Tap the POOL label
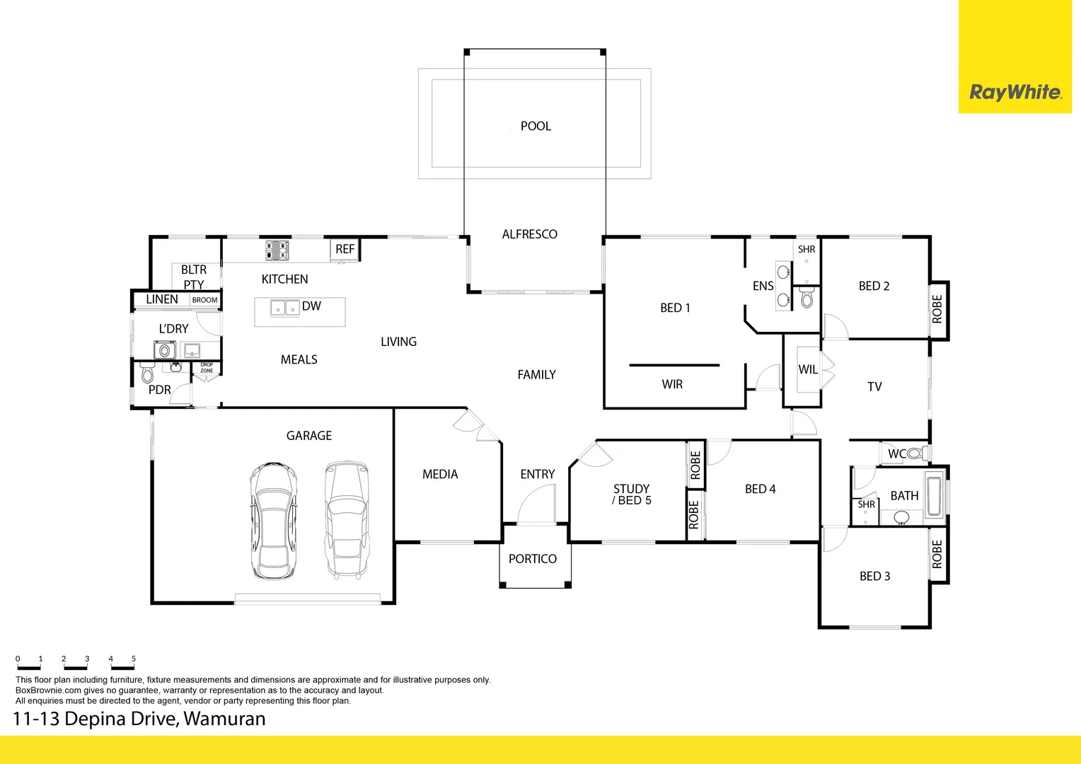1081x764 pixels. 536,126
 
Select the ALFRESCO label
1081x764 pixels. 529,234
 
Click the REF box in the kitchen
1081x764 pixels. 345,249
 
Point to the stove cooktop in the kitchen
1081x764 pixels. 277,250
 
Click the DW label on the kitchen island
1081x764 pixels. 311,306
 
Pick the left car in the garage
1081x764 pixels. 273,521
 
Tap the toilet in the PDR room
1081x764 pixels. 147,372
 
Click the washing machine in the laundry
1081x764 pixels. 165,349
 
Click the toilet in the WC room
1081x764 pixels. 915,453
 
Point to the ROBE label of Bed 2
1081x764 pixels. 937,309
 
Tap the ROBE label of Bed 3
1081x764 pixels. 937,554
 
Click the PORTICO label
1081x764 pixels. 533,559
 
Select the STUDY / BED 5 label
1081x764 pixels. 631,494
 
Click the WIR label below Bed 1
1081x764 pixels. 672,384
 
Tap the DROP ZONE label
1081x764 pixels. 207,368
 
